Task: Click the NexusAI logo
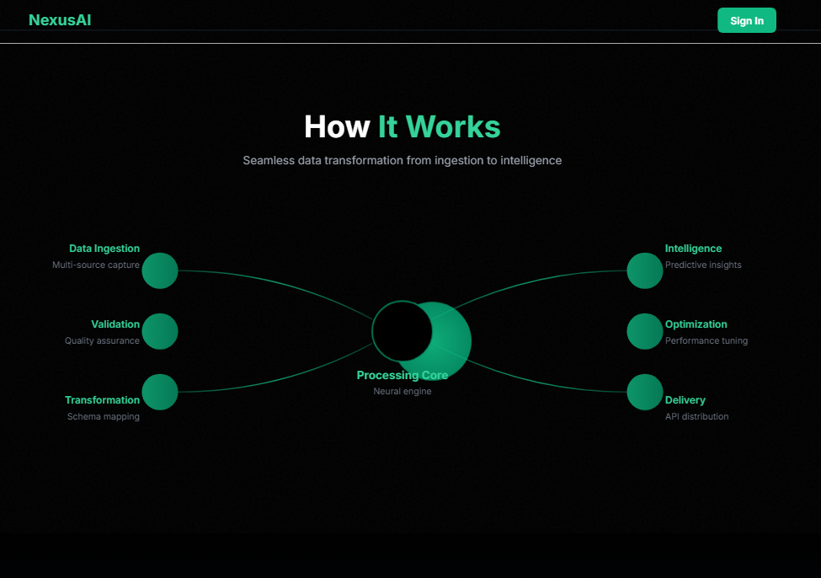pos(60,20)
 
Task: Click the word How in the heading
pos(337,127)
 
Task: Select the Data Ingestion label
pos(104,249)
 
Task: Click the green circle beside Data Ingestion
pos(160,270)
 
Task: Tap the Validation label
pos(115,324)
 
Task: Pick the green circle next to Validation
pos(160,331)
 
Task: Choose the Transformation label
pos(103,400)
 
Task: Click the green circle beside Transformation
pos(160,392)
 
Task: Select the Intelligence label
pos(693,249)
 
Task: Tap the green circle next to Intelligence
pos(645,270)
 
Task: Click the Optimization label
pos(696,324)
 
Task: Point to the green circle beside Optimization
pos(645,331)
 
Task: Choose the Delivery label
pos(685,400)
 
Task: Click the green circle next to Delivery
pos(645,392)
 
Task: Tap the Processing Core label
pos(403,376)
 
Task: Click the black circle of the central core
pos(401,329)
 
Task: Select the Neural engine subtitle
pos(403,391)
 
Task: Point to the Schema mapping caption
pos(104,416)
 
